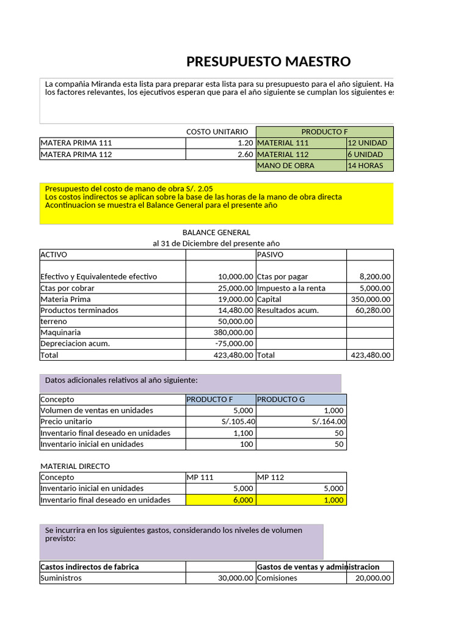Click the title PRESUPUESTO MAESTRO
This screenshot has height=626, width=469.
tap(268, 61)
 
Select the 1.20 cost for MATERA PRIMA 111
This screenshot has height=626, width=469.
tap(245, 142)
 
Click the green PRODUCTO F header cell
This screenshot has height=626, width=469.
tap(324, 131)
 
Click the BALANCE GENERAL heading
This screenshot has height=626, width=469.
tap(216, 232)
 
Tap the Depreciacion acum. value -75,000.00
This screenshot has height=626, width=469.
tap(234, 344)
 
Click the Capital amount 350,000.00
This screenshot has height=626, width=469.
tap(371, 299)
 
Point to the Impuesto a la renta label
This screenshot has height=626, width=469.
tap(291, 288)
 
